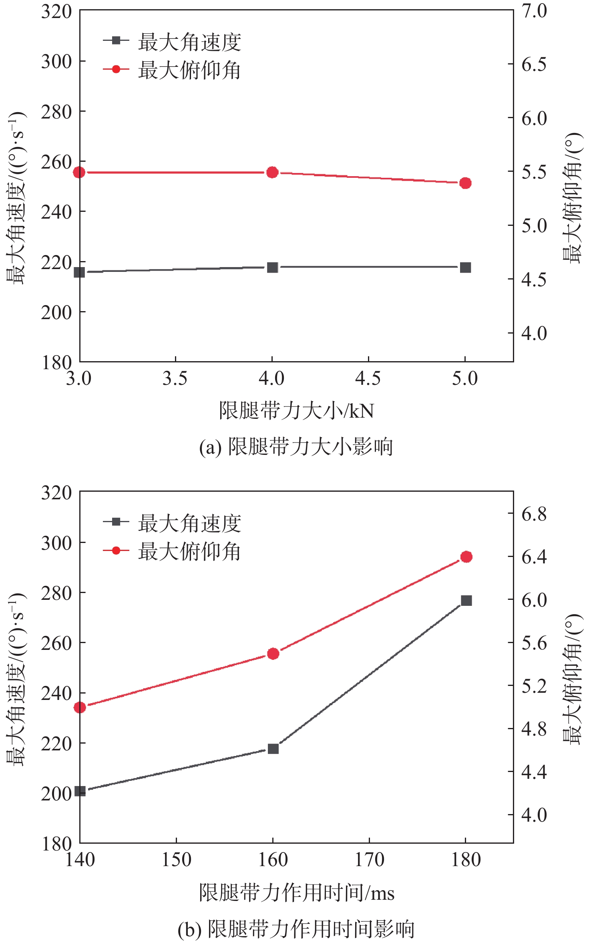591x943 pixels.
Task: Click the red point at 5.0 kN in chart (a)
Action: (x=465, y=183)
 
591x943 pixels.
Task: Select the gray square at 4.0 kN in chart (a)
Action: (x=272, y=267)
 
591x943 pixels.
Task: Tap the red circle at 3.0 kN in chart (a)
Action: (x=79, y=172)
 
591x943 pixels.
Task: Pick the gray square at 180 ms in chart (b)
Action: (x=466, y=600)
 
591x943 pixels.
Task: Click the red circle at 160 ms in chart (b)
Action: (x=273, y=653)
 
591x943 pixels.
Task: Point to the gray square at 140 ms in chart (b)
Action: (x=80, y=791)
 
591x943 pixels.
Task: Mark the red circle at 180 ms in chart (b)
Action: (x=466, y=557)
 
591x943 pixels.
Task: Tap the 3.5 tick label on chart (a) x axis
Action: (x=175, y=378)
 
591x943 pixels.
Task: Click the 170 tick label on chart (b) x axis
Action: (x=369, y=860)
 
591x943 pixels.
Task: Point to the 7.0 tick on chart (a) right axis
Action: (x=534, y=11)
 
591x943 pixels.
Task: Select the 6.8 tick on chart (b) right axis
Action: (x=534, y=514)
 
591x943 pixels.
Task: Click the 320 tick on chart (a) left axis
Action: (x=56, y=11)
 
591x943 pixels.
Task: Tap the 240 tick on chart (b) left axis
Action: (x=56, y=693)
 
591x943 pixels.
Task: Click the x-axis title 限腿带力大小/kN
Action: (x=296, y=410)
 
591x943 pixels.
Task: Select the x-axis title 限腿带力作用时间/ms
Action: (x=296, y=893)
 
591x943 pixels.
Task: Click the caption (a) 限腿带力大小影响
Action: (x=296, y=446)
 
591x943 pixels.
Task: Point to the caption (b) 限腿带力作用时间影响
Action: (x=296, y=929)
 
